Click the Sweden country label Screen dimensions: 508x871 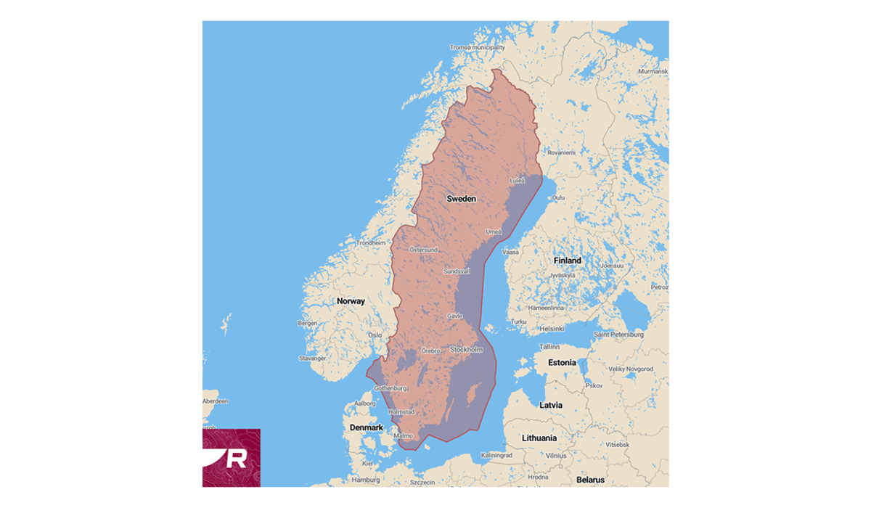(461, 198)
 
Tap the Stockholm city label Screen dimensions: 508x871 (466, 350)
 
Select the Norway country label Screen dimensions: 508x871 (351, 300)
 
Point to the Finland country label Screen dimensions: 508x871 (567, 261)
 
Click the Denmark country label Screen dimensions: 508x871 (366, 427)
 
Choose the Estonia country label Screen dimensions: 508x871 (562, 362)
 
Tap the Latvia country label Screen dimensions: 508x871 (552, 404)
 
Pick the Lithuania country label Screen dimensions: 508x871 (539, 438)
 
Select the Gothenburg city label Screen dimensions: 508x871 (390, 388)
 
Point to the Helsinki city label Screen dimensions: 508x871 (552, 329)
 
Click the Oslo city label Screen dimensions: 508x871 (375, 335)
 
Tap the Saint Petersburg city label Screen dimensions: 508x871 (618, 335)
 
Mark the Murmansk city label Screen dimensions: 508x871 (653, 71)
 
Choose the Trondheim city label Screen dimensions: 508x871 (371, 243)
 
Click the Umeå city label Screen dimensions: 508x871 (494, 232)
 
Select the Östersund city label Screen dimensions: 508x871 (424, 250)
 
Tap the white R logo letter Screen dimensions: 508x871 (237, 459)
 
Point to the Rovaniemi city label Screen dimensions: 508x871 (561, 152)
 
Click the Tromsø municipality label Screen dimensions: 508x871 (477, 47)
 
